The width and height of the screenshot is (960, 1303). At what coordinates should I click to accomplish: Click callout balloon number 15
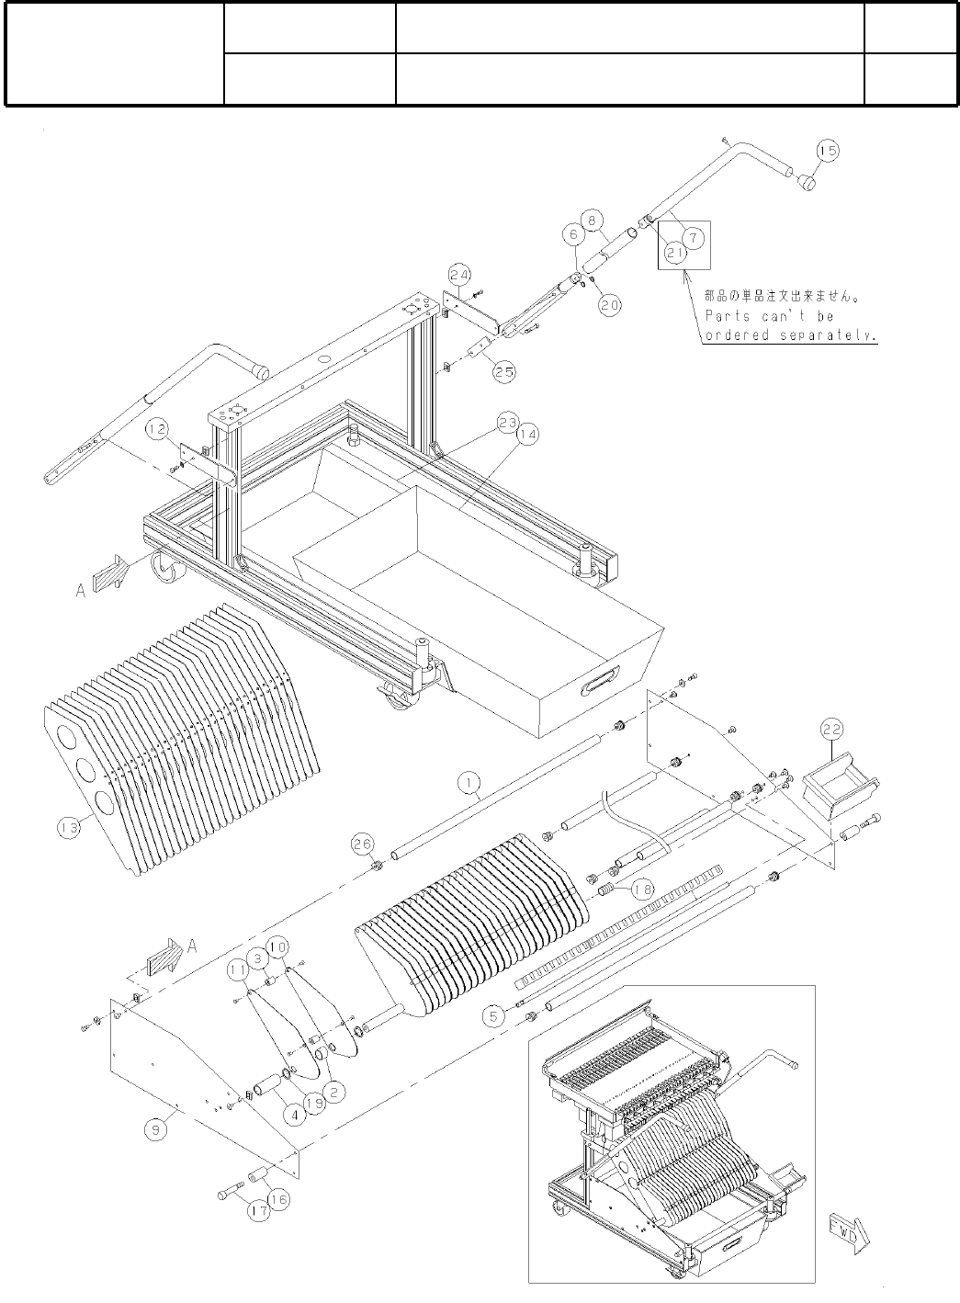click(x=827, y=150)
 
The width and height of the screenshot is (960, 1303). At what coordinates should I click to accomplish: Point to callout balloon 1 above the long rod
click(x=469, y=782)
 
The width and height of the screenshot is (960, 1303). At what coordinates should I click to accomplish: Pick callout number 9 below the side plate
click(x=157, y=1129)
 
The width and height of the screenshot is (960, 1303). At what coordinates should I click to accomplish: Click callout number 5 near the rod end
click(x=494, y=1015)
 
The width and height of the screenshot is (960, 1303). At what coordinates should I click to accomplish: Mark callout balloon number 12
click(x=157, y=428)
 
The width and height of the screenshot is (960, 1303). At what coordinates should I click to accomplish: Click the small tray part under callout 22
click(x=840, y=787)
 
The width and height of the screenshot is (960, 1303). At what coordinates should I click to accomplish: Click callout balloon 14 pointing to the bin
click(x=527, y=436)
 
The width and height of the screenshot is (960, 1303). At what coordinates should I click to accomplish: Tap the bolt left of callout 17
click(x=231, y=1194)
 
